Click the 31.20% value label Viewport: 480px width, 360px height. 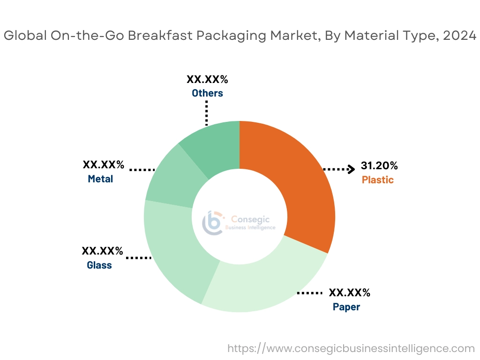(x=379, y=165)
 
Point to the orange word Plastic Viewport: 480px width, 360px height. (x=378, y=180)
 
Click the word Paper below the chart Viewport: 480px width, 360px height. (x=346, y=307)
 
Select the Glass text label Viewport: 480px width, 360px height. (x=99, y=265)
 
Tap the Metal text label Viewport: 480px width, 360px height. (x=100, y=179)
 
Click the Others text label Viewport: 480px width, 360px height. (x=207, y=93)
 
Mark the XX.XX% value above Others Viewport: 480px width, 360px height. (x=207, y=79)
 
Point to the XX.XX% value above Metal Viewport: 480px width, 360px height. (x=104, y=165)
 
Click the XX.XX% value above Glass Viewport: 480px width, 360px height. (x=103, y=251)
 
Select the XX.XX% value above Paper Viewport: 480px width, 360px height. (x=350, y=293)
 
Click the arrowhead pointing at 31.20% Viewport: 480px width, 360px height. (x=350, y=169)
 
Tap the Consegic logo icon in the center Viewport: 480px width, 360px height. (x=212, y=222)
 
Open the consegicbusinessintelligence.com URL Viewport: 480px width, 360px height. (x=351, y=348)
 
